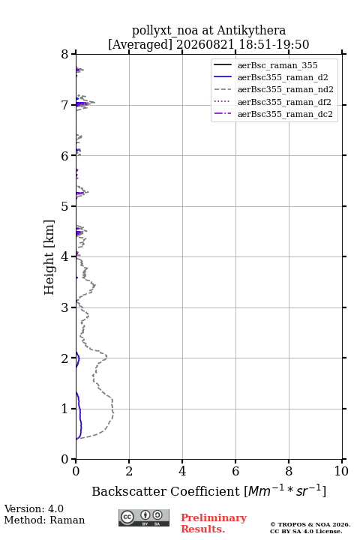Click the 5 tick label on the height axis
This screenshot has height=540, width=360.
[x=64, y=206]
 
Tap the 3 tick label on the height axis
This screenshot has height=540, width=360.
[x=64, y=307]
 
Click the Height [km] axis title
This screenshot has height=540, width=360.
[x=49, y=257]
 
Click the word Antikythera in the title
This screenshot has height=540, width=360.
[x=251, y=30]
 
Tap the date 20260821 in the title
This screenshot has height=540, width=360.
[x=205, y=44]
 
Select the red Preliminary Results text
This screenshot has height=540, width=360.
[x=214, y=523]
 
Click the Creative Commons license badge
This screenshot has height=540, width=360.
[x=144, y=517]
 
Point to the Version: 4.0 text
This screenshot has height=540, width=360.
[x=34, y=508]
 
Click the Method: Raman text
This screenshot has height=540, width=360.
[x=44, y=520]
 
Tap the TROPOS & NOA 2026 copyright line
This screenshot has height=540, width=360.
[x=310, y=524]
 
